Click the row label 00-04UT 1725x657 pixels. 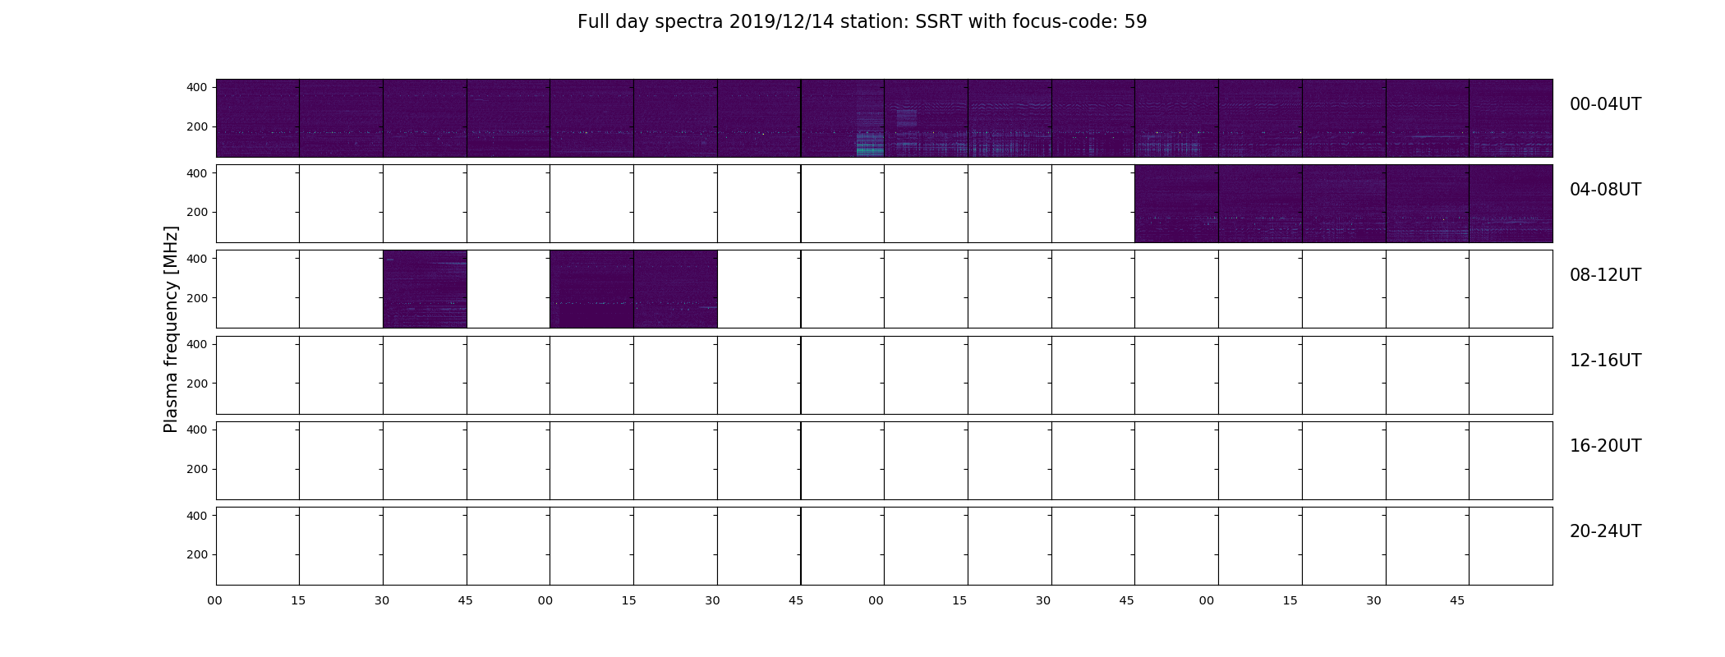pos(1605,104)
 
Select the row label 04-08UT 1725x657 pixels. pos(1605,190)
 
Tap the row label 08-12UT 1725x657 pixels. pos(1605,275)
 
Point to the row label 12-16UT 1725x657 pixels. pos(1605,361)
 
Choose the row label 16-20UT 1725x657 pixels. pos(1605,446)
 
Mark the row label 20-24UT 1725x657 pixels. pos(1605,531)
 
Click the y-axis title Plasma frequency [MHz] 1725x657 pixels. pos(171,329)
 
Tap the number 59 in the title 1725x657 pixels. pos(1136,22)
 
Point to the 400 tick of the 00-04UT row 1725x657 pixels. pos(197,87)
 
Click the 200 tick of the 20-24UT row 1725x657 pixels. pos(197,555)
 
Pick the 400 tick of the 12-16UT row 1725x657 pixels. pos(197,344)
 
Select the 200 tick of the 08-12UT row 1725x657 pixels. pos(197,298)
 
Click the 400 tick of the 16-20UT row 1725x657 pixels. pos(197,430)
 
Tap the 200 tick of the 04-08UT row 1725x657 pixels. pos(197,213)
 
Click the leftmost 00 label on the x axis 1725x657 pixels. pos(214,601)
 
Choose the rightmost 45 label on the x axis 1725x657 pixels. pos(1457,601)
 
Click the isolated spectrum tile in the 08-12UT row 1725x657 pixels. pos(425,289)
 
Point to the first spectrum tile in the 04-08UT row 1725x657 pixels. pos(1176,204)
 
